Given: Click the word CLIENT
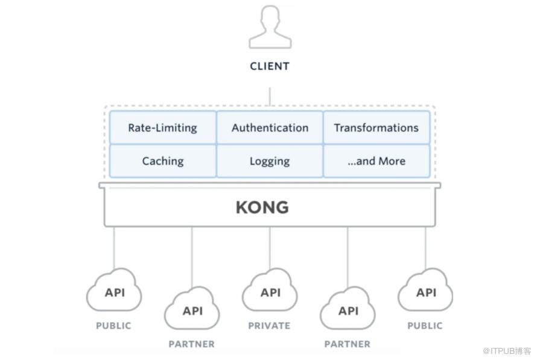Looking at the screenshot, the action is click(x=270, y=66).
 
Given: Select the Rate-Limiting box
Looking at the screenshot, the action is click(x=163, y=127).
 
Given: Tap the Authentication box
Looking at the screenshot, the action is click(x=270, y=127).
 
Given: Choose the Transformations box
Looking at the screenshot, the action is click(x=377, y=127).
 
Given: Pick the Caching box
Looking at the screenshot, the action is click(x=163, y=161).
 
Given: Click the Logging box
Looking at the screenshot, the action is click(x=270, y=161).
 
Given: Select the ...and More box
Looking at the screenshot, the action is click(x=377, y=161).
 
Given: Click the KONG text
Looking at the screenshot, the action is click(x=262, y=207).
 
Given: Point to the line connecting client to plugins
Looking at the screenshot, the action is click(x=270, y=96).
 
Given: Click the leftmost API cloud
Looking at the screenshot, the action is click(x=114, y=290).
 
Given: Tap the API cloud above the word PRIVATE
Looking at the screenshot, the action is click(x=270, y=290).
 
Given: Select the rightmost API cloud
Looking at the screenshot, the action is click(x=425, y=290).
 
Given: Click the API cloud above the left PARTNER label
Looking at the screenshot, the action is click(x=192, y=308).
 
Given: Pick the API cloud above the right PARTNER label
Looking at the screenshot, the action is click(x=348, y=308).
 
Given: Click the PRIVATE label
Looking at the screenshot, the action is click(x=269, y=326).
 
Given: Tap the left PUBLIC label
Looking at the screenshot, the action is click(x=113, y=326).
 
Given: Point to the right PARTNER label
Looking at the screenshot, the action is click(x=348, y=344).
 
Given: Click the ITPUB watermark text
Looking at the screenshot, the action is click(x=506, y=351).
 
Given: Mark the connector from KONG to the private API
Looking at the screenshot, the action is click(x=270, y=248).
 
